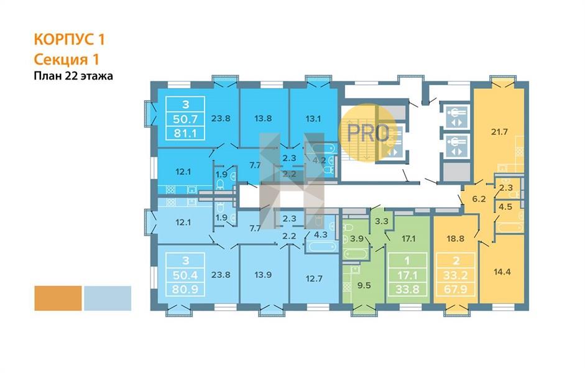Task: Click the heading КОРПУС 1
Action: point(70,40)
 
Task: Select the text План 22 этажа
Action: point(73,76)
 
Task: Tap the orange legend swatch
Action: point(58,298)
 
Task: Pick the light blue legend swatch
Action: point(108,298)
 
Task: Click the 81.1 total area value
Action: point(185,133)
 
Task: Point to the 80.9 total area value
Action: point(185,289)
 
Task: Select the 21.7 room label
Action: point(499,132)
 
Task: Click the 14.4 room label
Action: point(502,272)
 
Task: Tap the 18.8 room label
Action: point(455,239)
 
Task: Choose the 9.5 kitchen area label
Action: point(364,285)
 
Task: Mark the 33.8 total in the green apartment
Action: point(407,289)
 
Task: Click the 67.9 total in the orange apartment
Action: point(455,289)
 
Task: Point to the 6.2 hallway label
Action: point(479,199)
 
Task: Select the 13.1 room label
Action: point(313,119)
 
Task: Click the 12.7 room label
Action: point(314,279)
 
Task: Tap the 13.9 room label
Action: point(262,275)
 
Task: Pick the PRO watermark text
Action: point(368,133)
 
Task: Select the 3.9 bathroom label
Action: point(357,239)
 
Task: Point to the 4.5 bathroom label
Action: point(505,206)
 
